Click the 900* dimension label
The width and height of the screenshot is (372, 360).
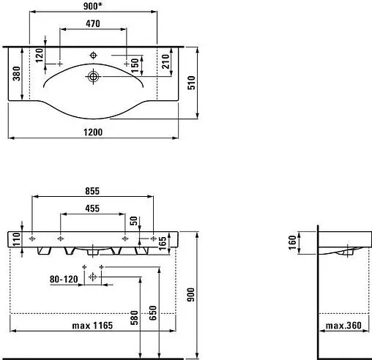tap(92, 6)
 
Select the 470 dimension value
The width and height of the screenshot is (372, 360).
tap(93, 23)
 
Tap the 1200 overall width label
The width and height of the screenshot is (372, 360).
tap(93, 132)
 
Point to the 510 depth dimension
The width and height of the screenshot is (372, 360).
tap(192, 83)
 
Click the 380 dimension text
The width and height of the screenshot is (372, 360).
tap(17, 73)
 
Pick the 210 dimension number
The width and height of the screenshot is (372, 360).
tap(165, 61)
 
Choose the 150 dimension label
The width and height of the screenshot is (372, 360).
tap(135, 65)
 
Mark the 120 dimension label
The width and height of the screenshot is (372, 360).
tap(40, 56)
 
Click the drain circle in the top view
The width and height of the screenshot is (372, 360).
tap(93, 77)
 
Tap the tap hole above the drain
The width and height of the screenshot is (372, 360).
tap(93, 56)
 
